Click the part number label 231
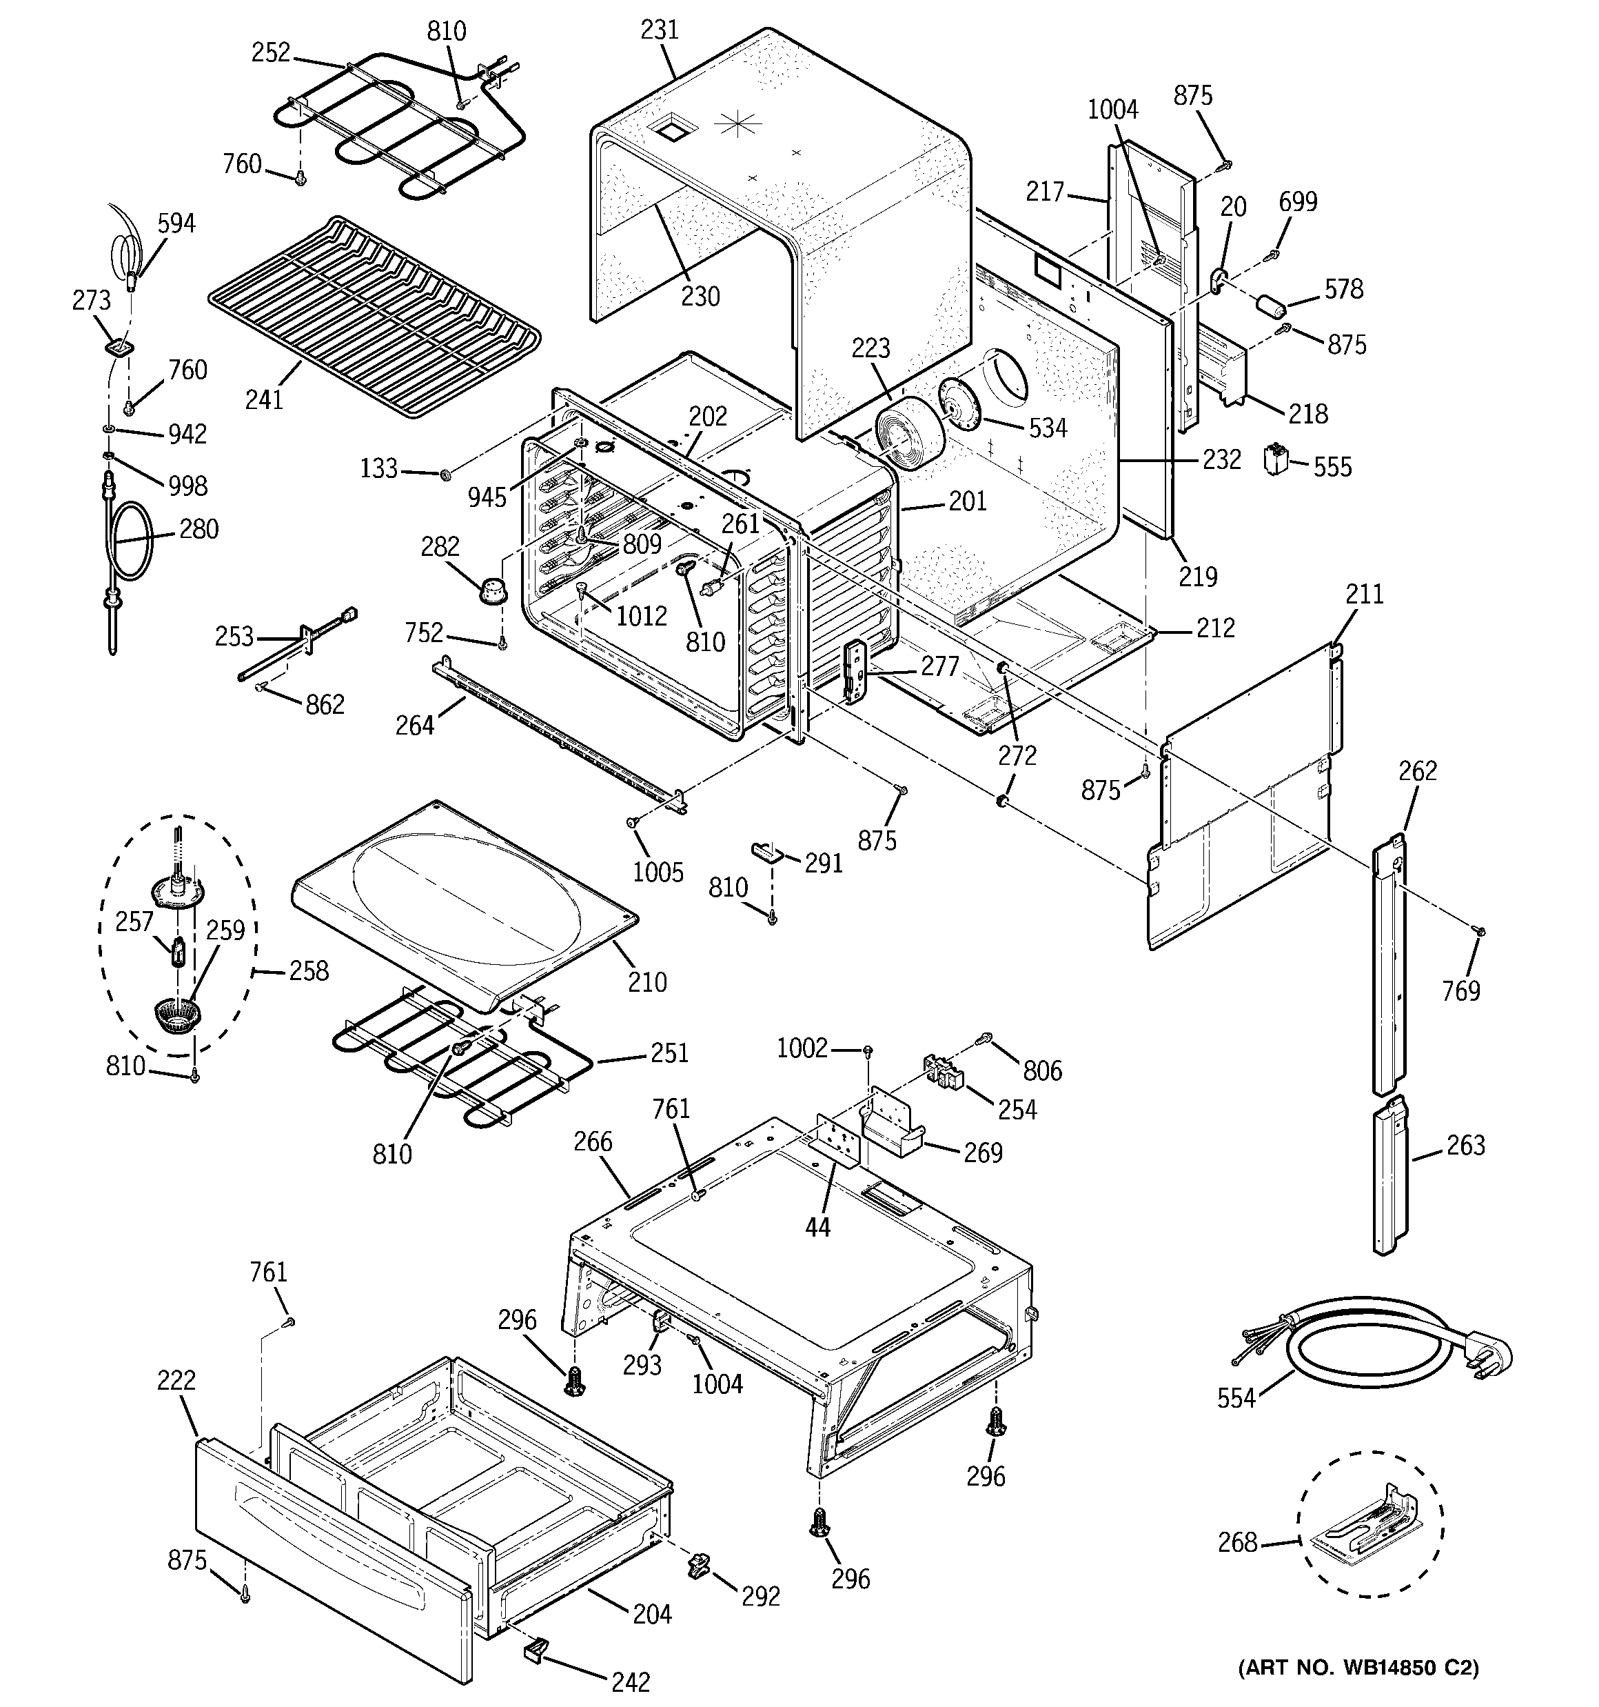[659, 30]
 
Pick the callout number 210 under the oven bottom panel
[646, 981]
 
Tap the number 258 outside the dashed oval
[308, 970]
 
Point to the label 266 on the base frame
[593, 1141]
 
